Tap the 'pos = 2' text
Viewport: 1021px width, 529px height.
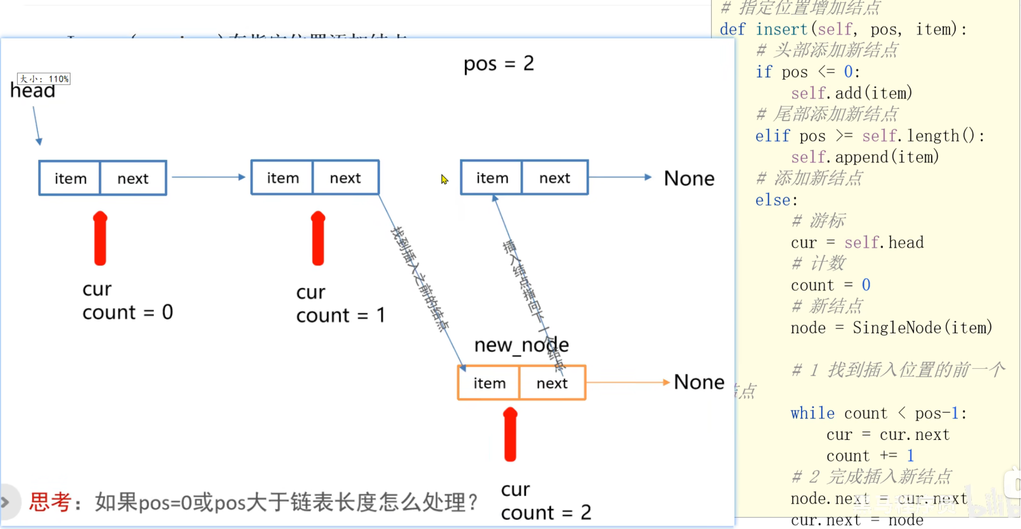click(498, 64)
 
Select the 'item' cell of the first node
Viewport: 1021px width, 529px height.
click(70, 178)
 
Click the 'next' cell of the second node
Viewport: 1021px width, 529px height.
click(345, 178)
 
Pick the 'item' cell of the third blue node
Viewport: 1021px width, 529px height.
click(492, 178)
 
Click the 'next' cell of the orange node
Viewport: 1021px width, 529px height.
click(552, 383)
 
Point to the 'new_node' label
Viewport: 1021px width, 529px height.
click(521, 345)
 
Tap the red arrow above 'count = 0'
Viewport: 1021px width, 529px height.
click(100, 238)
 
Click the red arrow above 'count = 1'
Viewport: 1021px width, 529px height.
click(318, 238)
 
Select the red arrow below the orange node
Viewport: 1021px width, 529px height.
click(510, 435)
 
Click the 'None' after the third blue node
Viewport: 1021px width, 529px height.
click(689, 178)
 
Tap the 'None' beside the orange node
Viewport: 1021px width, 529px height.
click(699, 382)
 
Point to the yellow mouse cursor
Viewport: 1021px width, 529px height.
click(444, 180)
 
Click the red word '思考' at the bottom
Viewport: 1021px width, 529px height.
click(50, 502)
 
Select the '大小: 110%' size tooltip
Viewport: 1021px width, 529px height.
click(44, 79)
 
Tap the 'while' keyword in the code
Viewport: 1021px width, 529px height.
click(812, 414)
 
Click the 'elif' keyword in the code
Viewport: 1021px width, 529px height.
click(772, 136)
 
